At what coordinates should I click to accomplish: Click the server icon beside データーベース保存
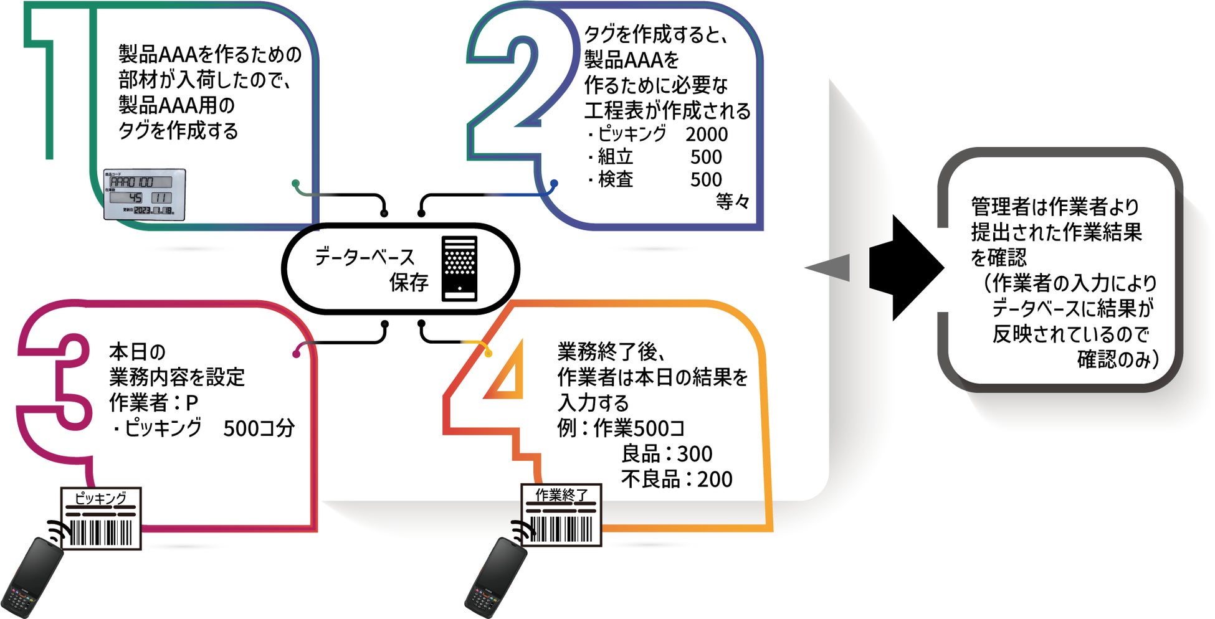(x=459, y=268)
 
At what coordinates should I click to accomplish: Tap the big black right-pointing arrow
(x=907, y=268)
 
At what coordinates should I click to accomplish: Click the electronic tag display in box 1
(x=145, y=194)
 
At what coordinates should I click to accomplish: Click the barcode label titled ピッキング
(x=101, y=518)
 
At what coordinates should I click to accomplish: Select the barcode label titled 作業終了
(x=561, y=515)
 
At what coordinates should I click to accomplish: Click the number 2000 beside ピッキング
(x=707, y=134)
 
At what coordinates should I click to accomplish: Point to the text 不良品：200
(x=677, y=479)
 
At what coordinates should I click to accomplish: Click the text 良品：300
(x=667, y=453)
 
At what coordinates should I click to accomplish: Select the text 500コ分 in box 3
(x=259, y=428)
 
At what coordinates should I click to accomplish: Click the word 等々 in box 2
(x=732, y=202)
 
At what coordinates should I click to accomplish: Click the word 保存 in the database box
(x=409, y=283)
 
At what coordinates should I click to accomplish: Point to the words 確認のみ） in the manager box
(x=1118, y=359)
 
